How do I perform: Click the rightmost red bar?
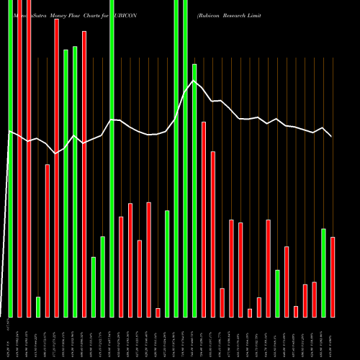coord(333,276)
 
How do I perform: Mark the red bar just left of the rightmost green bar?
coord(314,299)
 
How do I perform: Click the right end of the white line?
coord(332,136)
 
